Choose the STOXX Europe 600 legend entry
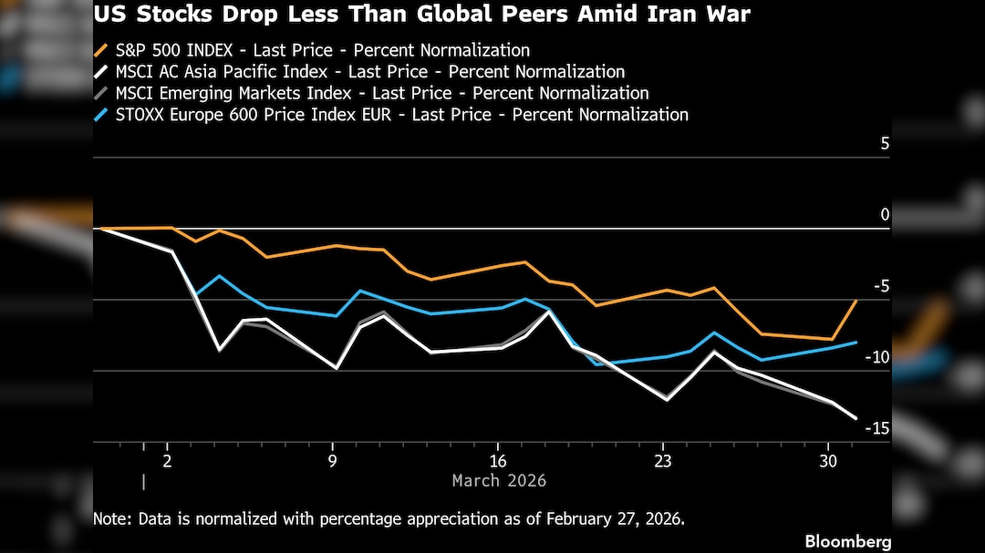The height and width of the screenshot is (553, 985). [392, 114]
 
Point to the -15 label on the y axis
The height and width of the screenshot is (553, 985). [876, 428]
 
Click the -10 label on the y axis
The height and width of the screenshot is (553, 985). [876, 357]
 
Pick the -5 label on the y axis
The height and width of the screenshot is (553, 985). [880, 286]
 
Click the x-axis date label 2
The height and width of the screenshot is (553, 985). [168, 460]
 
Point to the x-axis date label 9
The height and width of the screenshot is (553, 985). [333, 460]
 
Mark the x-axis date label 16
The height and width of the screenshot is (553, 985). [498, 460]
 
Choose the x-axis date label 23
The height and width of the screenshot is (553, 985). [663, 460]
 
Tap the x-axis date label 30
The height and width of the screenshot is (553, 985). [828, 460]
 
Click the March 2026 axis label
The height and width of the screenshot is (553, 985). [499, 480]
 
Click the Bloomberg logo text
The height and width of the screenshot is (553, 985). [847, 541]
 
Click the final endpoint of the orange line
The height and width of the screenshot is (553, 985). [855, 301]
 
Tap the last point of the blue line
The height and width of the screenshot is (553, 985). [855, 343]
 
